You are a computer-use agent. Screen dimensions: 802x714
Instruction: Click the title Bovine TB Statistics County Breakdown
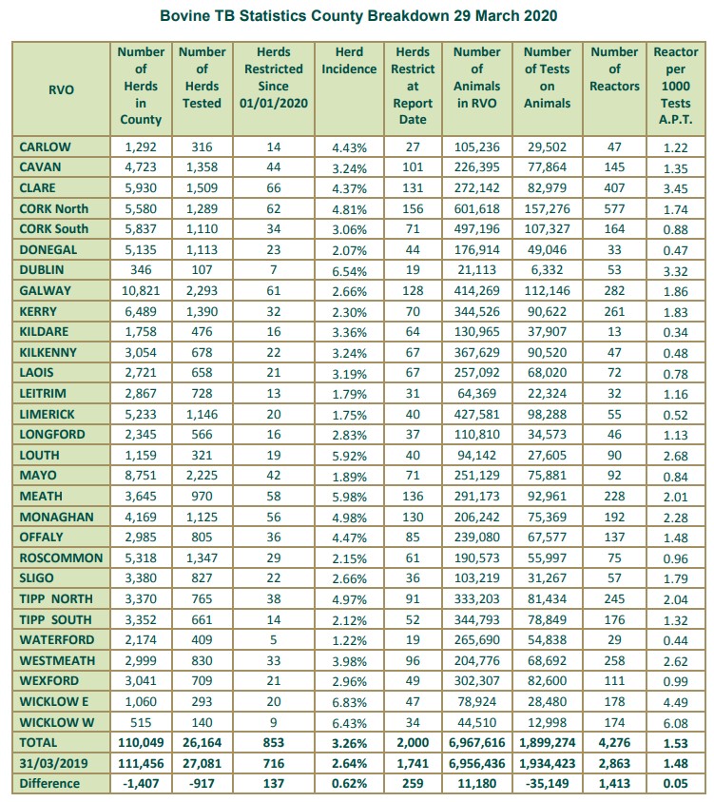(357, 17)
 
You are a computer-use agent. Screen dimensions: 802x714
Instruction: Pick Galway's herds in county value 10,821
(141, 291)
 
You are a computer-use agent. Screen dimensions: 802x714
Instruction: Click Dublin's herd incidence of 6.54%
(349, 270)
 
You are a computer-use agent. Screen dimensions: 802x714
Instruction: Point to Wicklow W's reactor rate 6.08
(676, 722)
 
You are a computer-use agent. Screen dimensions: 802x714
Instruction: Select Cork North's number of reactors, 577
(614, 208)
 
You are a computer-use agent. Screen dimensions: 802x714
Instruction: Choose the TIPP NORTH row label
(57, 599)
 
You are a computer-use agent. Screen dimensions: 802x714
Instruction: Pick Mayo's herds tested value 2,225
(202, 476)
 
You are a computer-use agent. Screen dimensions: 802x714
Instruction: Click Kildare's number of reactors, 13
(614, 332)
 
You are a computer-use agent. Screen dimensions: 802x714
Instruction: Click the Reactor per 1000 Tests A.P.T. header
(676, 86)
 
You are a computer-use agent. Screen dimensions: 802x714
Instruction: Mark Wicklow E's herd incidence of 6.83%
(349, 702)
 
